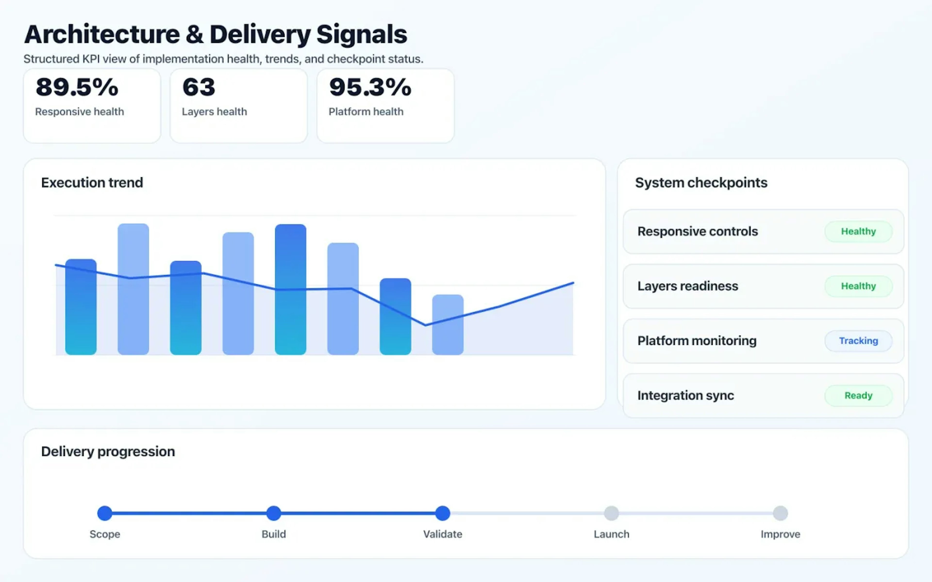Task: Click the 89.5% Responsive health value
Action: (x=77, y=87)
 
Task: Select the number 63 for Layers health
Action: (x=199, y=87)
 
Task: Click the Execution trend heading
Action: (x=92, y=182)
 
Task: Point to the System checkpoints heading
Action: (x=701, y=182)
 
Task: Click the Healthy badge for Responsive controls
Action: (x=858, y=231)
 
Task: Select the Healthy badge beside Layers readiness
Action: (x=858, y=286)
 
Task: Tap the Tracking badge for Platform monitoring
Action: (x=858, y=341)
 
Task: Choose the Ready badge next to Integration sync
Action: (x=858, y=395)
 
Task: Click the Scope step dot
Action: (x=105, y=513)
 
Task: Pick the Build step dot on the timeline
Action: (x=274, y=513)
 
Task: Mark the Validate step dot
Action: (x=442, y=513)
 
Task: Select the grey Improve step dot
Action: (x=780, y=513)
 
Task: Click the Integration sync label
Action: (x=685, y=395)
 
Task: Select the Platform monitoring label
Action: (x=697, y=341)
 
